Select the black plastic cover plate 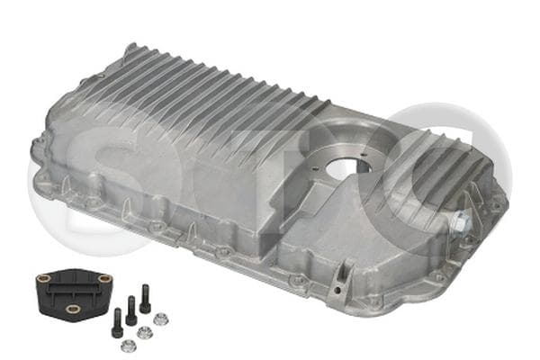pyautogui.click(x=74, y=292)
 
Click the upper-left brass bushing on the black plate pyautogui.click(x=44, y=277)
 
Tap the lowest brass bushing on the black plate pyautogui.click(x=73, y=309)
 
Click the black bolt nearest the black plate pyautogui.click(x=117, y=322)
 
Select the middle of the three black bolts pyautogui.click(x=130, y=310)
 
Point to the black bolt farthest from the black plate pyautogui.click(x=145, y=298)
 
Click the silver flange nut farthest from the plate pyautogui.click(x=160, y=319)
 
